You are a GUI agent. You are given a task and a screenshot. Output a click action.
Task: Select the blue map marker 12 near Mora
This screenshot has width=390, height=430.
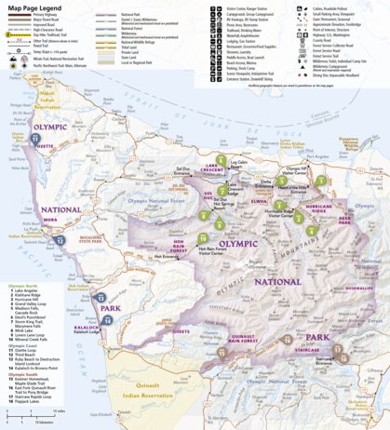60,239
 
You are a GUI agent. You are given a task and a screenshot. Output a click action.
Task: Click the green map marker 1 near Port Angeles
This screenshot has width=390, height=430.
320,180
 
